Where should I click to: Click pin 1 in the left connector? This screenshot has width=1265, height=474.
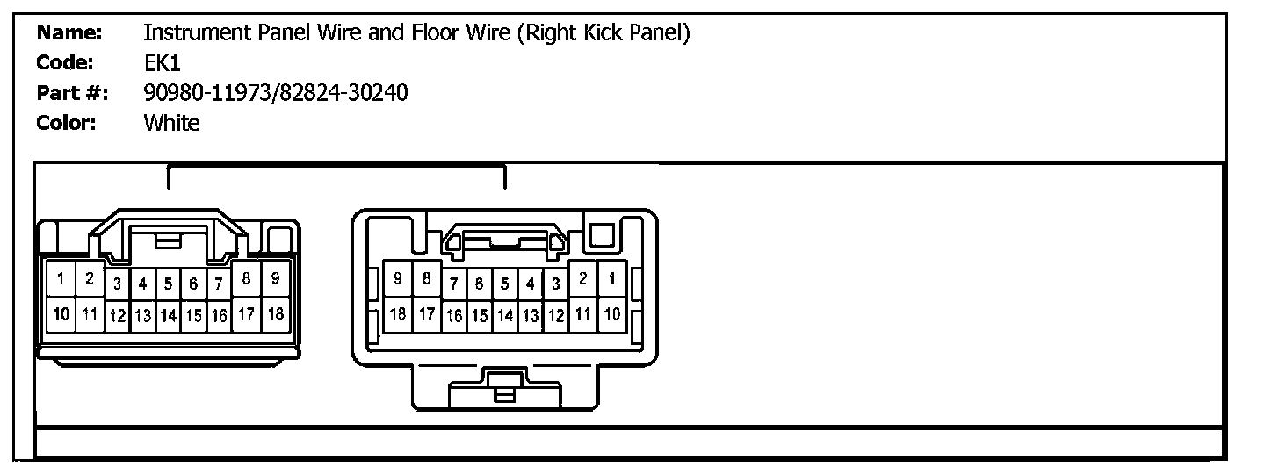pyautogui.click(x=61, y=280)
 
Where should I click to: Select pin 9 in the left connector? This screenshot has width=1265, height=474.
pyautogui.click(x=275, y=279)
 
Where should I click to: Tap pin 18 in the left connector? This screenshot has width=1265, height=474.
pyautogui.click(x=275, y=312)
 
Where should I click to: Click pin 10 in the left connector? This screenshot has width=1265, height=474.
pyautogui.click(x=61, y=312)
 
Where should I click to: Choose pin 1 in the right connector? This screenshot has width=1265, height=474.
pyautogui.click(x=611, y=279)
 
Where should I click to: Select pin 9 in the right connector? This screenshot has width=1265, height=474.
pyautogui.click(x=398, y=279)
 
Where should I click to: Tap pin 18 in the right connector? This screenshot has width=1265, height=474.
pyautogui.click(x=398, y=312)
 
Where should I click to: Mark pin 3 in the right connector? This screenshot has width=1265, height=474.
pyautogui.click(x=556, y=284)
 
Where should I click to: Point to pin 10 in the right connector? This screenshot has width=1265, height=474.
pyautogui.click(x=611, y=312)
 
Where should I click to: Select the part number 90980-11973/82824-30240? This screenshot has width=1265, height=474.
pyautogui.click(x=275, y=93)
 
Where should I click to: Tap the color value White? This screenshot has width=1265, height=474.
pyautogui.click(x=171, y=123)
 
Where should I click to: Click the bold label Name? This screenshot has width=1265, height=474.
pyautogui.click(x=70, y=33)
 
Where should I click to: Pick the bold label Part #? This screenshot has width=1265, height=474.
pyautogui.click(x=72, y=93)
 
